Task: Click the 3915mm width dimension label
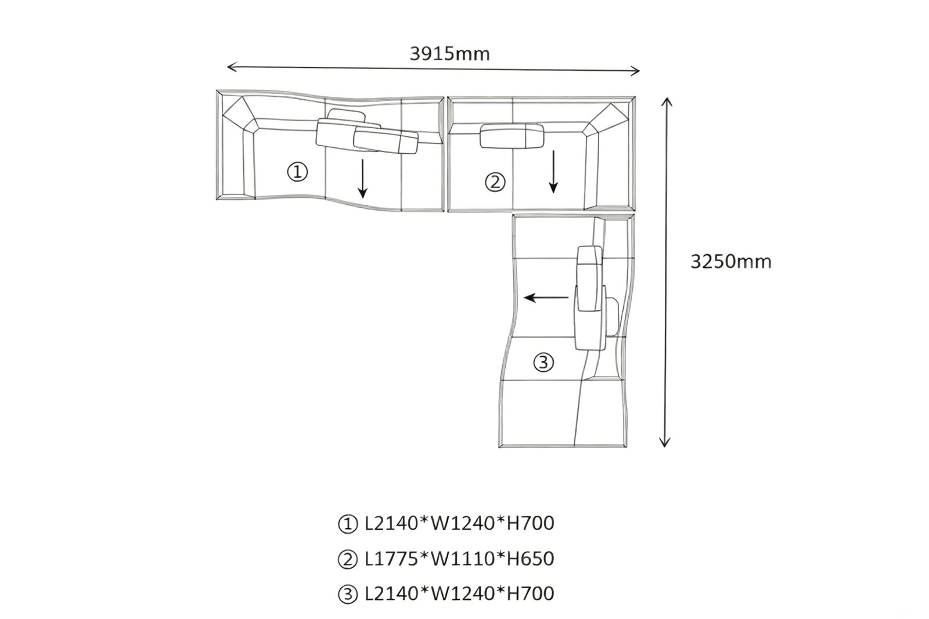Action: pyautogui.click(x=449, y=54)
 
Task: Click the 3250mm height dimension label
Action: pyautogui.click(x=731, y=262)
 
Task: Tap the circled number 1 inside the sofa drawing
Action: pyautogui.click(x=297, y=172)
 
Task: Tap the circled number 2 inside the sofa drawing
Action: pyautogui.click(x=495, y=182)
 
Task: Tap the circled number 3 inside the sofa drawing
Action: pyautogui.click(x=543, y=363)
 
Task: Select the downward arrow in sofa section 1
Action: pyautogui.click(x=363, y=179)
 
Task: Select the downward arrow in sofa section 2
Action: pyautogui.click(x=553, y=172)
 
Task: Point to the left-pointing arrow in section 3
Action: pyautogui.click(x=546, y=298)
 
